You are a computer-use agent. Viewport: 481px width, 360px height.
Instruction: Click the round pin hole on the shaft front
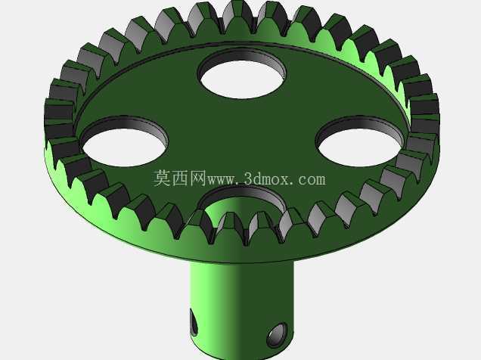point(277,334)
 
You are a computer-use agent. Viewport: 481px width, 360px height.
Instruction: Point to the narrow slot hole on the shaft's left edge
point(194,323)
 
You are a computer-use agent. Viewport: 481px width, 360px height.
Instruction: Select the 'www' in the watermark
point(222,180)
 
